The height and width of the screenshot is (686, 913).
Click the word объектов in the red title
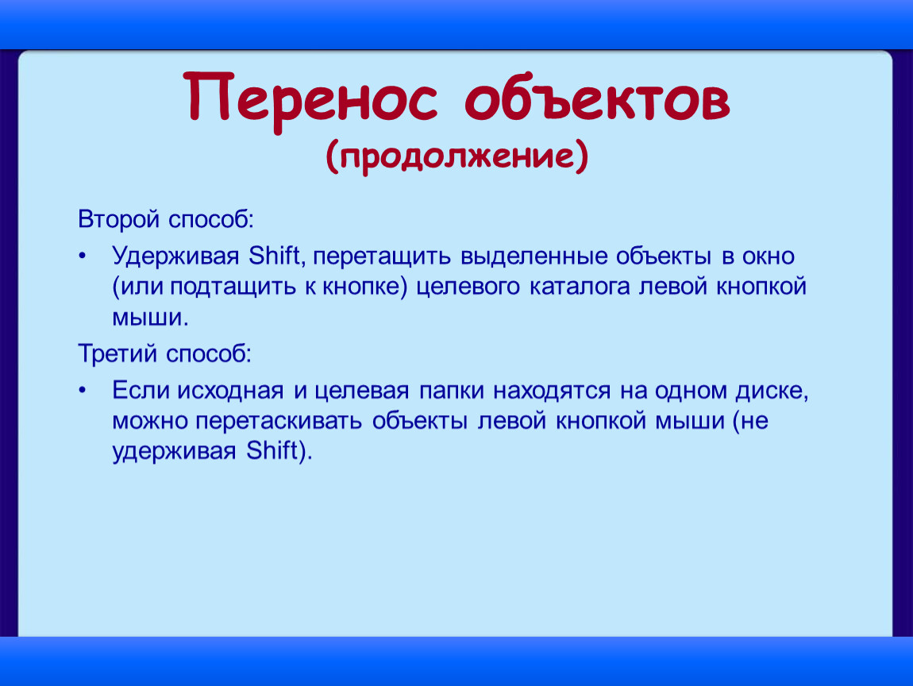(x=597, y=98)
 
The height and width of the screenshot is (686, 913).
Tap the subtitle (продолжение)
(x=457, y=156)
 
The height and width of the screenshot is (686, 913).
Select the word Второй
(x=119, y=220)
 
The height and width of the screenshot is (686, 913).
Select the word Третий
(x=118, y=353)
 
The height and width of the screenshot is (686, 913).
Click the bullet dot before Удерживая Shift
(x=83, y=256)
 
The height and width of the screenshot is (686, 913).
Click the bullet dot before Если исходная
(x=83, y=390)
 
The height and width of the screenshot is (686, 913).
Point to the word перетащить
(x=382, y=256)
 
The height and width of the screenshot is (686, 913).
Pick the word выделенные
(x=534, y=256)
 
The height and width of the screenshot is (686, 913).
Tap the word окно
(x=769, y=256)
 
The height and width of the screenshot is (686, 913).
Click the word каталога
(x=580, y=287)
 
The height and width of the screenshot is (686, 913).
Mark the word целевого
(x=468, y=287)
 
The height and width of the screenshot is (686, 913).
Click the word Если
(x=140, y=390)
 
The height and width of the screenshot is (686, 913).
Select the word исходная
(x=230, y=391)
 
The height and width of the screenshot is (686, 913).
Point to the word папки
(x=451, y=391)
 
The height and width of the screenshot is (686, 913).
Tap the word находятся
(x=552, y=391)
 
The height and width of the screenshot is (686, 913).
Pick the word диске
(x=772, y=391)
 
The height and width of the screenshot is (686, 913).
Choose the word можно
(x=149, y=422)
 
